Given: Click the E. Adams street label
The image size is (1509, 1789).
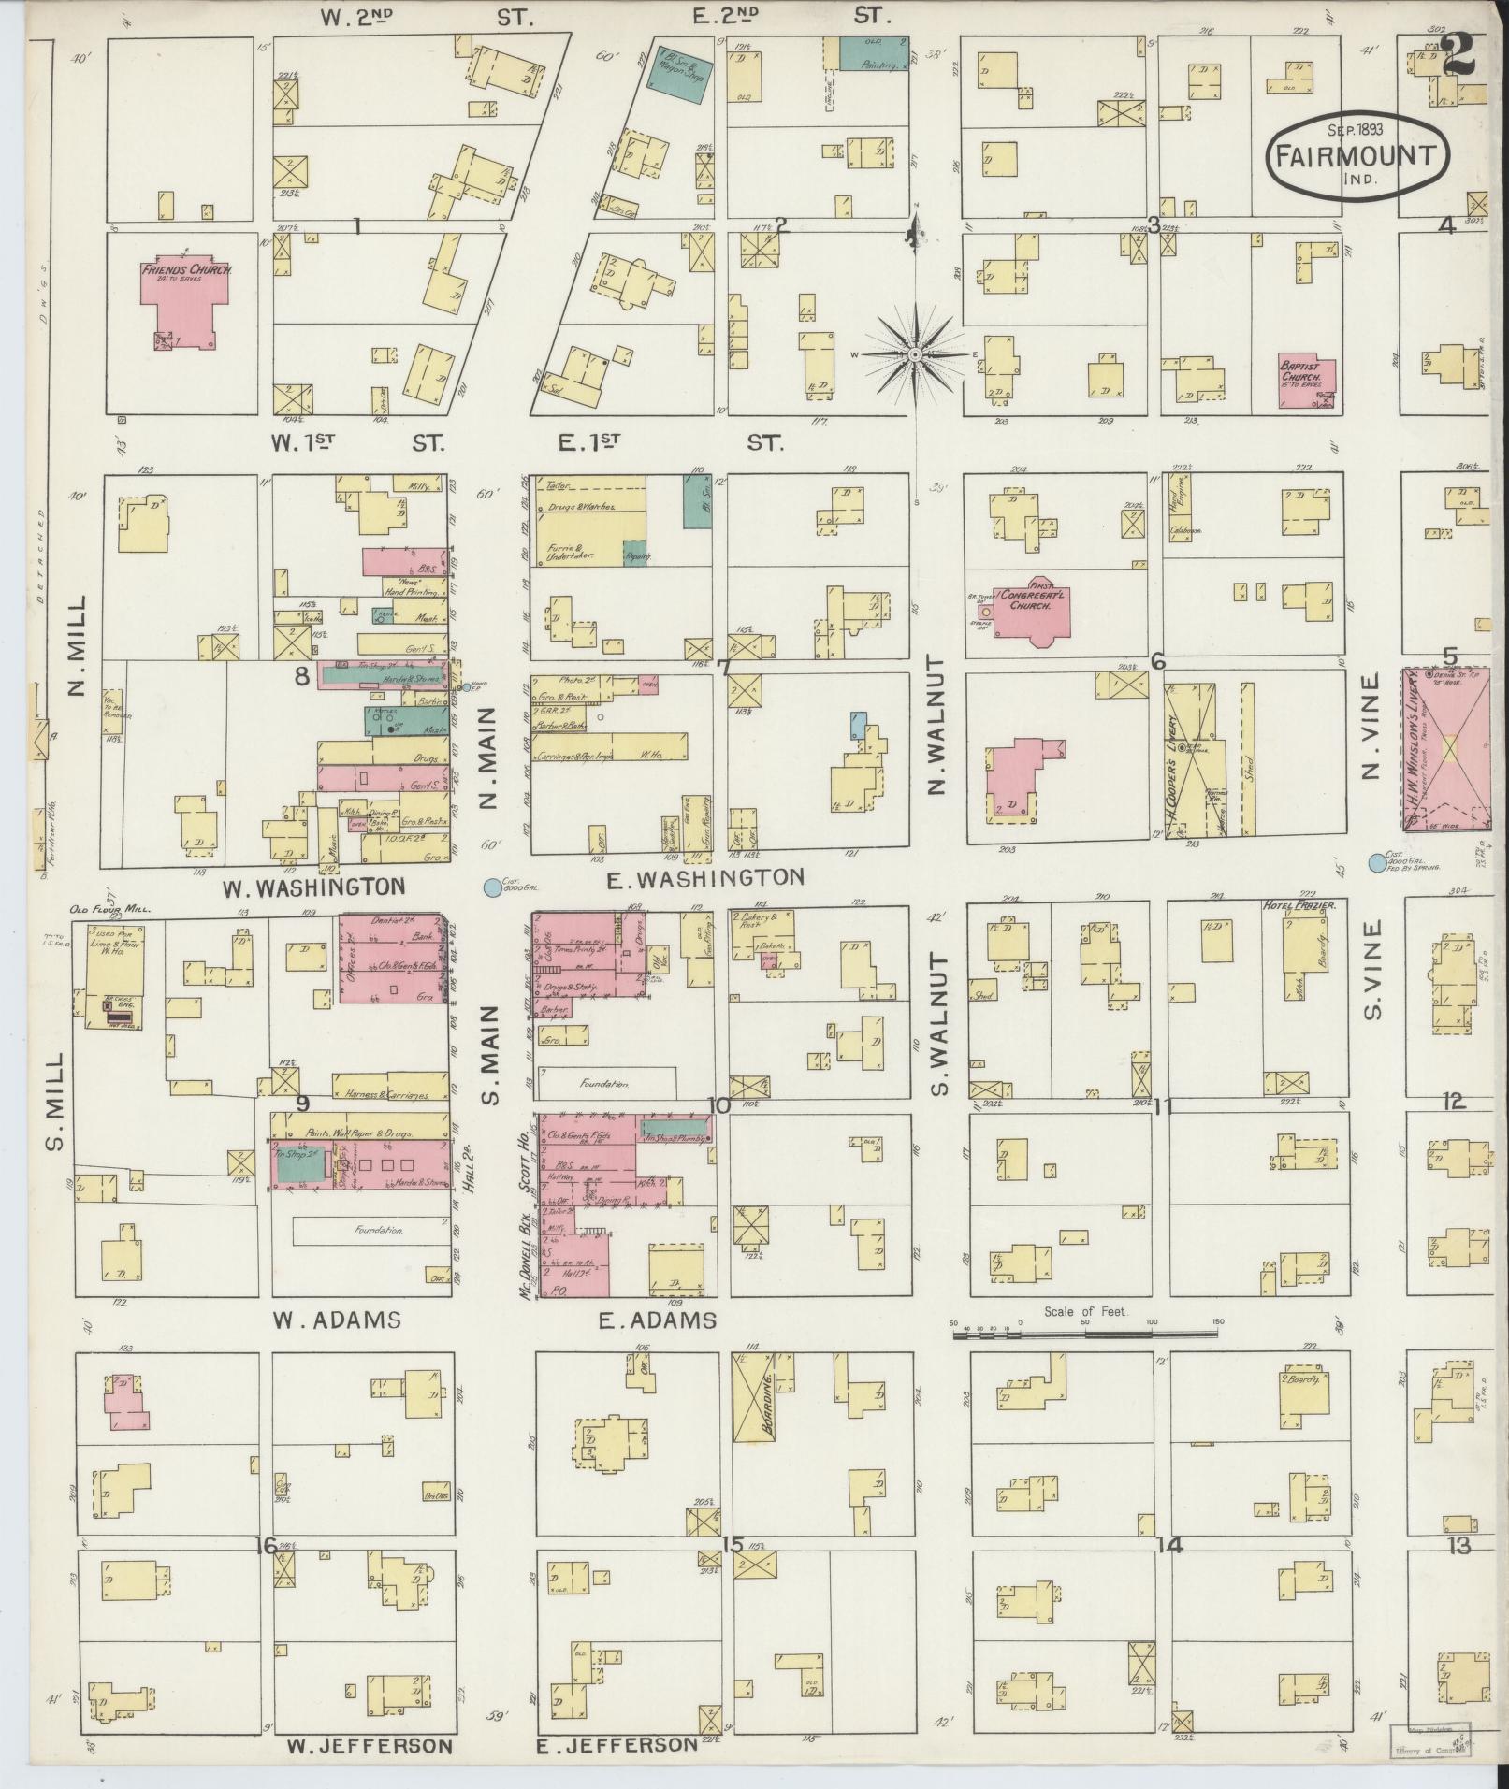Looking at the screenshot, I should (657, 1320).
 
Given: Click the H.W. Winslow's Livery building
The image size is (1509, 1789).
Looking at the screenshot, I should (1446, 748).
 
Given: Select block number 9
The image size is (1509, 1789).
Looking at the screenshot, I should (302, 1104).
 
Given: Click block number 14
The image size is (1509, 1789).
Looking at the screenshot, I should (1169, 1545).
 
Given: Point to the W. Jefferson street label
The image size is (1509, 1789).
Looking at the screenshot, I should (370, 1746).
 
